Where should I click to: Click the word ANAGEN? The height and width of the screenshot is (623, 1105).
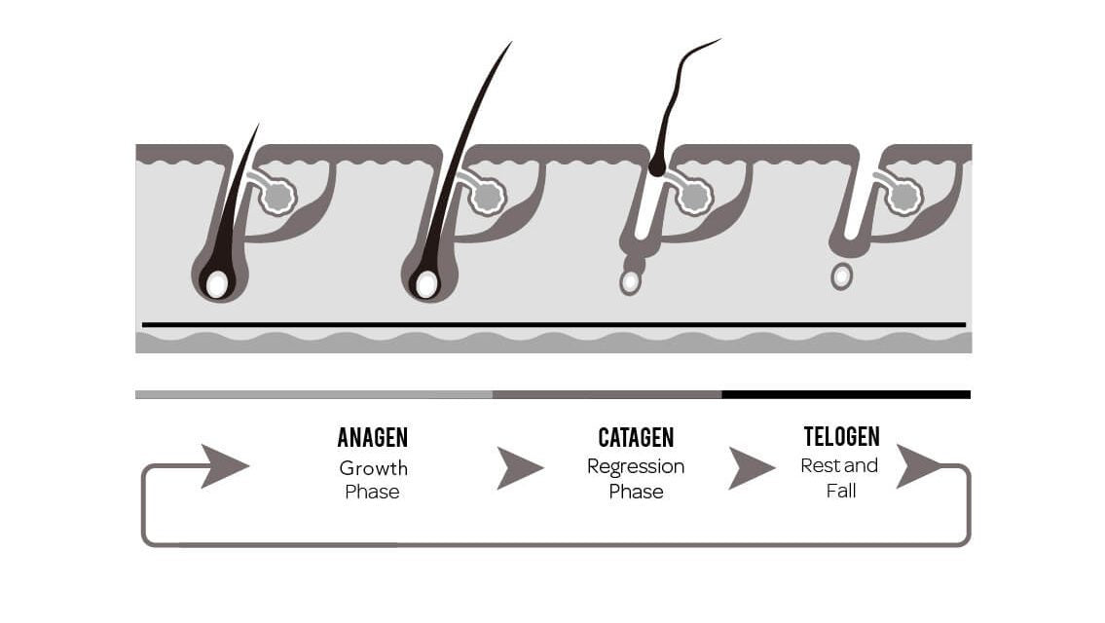pos(372,438)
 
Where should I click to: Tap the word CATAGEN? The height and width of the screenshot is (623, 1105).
pos(636,438)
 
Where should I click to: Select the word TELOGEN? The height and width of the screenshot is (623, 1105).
pos(841,436)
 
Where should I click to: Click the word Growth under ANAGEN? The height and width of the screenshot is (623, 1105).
pos(373,467)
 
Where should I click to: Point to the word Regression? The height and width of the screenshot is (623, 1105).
pos(636,466)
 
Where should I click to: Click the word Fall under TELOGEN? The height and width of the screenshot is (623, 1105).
pos(841,491)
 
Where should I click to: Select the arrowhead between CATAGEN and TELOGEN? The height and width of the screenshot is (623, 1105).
pos(750,467)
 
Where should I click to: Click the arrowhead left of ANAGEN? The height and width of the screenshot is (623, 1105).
pos(223,465)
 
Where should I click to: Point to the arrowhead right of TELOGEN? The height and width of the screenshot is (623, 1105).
pos(917,465)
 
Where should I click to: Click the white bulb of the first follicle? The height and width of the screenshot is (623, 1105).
pos(217,284)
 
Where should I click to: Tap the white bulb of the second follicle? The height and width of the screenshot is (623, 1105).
pos(426,284)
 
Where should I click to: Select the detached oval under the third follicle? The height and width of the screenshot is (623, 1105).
pos(631,282)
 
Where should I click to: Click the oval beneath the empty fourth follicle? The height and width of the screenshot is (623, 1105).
pos(842,276)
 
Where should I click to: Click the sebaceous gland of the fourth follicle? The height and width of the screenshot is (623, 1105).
pos(903,197)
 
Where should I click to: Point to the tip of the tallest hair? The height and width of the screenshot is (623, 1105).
pos(509,45)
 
